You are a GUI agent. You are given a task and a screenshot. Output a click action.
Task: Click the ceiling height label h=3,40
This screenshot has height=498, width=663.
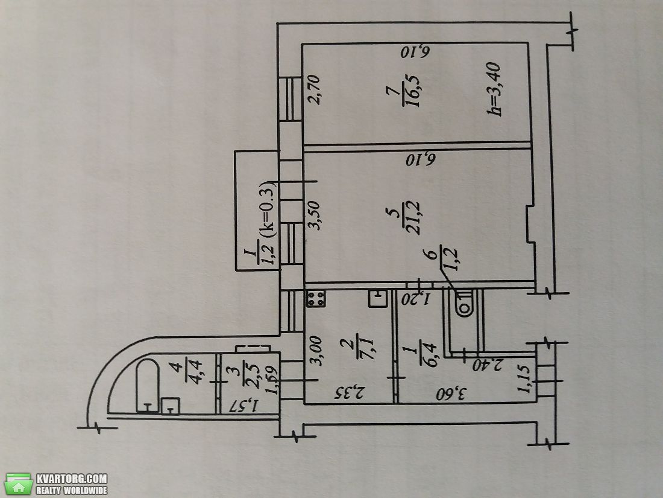[494, 89]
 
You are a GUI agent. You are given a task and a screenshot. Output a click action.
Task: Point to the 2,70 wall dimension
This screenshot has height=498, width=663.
[315, 89]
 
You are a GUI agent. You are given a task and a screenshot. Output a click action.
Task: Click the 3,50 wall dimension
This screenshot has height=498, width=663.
[315, 215]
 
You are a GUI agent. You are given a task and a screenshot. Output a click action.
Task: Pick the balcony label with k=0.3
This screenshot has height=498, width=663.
[266, 223]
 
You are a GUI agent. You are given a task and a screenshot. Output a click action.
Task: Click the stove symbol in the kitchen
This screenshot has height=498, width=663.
[316, 299]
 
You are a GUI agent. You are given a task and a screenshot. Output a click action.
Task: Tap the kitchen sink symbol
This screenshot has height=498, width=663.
[378, 298]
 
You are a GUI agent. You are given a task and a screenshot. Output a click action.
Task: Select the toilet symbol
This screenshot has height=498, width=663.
[464, 303]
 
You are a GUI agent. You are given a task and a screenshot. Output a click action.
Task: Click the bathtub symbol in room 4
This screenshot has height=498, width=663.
[148, 386]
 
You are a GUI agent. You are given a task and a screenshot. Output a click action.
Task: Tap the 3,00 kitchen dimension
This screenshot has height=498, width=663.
[315, 351]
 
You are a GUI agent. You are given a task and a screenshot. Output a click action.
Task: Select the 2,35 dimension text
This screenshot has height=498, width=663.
[349, 394]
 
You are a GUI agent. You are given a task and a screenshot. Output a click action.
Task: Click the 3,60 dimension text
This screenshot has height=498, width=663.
[451, 394]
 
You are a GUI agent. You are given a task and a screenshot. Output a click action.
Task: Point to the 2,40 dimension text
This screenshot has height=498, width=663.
[487, 364]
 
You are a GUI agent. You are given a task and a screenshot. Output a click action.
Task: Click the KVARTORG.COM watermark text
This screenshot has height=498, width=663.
[72, 479]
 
